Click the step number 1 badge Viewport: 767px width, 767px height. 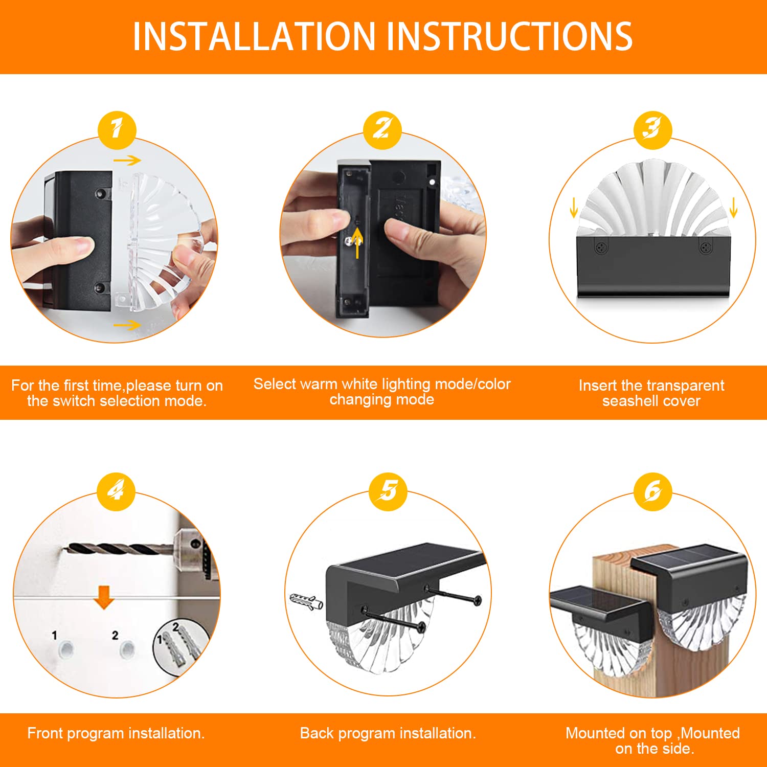pyautogui.click(x=117, y=130)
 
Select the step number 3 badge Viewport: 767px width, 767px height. pyautogui.click(x=652, y=130)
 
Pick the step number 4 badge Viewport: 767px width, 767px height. pyautogui.click(x=116, y=491)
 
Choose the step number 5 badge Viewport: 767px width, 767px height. pyautogui.click(x=388, y=491)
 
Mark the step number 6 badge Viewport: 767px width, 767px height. pyautogui.click(x=652, y=491)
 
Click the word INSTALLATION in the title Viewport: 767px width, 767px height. pyautogui.click(x=254, y=37)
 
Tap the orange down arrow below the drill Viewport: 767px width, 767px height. pyautogui.click(x=104, y=597)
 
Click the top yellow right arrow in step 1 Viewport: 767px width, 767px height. pyautogui.click(x=127, y=161)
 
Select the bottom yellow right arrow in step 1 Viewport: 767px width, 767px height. pyautogui.click(x=127, y=325)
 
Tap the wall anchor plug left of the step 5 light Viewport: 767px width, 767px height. pyautogui.click(x=306, y=601)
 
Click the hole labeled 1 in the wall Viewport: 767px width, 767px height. pyautogui.click(x=66, y=650)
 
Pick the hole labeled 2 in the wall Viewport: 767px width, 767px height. pyautogui.click(x=127, y=650)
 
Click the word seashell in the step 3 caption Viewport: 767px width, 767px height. pyautogui.click(x=628, y=401)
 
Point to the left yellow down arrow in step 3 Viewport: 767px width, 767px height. pyautogui.click(x=574, y=208)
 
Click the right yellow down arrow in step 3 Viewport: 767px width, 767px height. pyautogui.click(x=734, y=208)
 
